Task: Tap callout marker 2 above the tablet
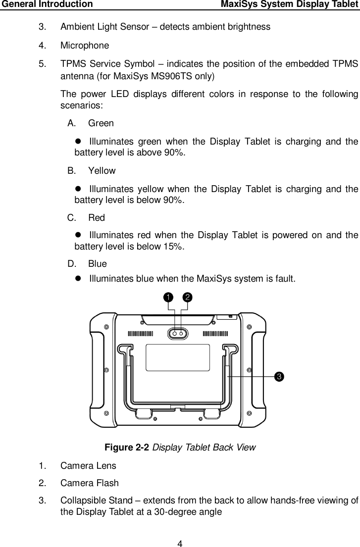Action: [188, 297]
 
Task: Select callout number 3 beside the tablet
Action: [280, 377]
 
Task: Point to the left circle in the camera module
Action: [174, 334]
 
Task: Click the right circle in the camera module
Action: [182, 334]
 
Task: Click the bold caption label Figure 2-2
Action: [127, 448]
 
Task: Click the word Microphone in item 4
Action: [85, 46]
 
